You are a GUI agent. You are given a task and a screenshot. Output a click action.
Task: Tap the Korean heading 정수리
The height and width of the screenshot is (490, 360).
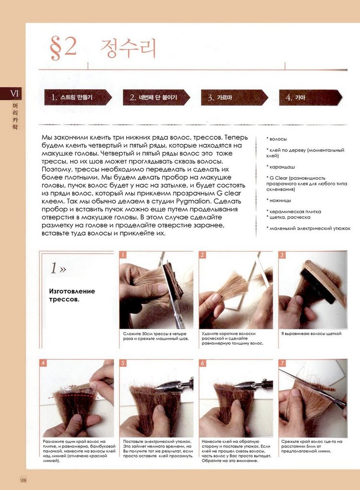(x=128, y=48)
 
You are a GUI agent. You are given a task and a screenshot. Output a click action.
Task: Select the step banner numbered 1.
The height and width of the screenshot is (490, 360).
(x=78, y=97)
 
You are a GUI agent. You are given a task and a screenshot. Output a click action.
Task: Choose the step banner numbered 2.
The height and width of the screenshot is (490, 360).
(x=156, y=97)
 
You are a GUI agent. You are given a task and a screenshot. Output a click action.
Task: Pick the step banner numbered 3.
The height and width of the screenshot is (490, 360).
(x=235, y=97)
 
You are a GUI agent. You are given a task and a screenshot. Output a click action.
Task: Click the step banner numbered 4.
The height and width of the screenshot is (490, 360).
(x=311, y=97)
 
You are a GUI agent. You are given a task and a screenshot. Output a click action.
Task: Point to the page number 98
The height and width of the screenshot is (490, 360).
(x=24, y=480)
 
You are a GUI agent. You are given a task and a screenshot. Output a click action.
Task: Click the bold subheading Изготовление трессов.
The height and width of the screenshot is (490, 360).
(x=72, y=295)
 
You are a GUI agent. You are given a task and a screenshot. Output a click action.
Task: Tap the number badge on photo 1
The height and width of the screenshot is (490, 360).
(x=123, y=255)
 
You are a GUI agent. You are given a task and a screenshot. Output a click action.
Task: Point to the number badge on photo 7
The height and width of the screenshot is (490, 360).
(x=282, y=363)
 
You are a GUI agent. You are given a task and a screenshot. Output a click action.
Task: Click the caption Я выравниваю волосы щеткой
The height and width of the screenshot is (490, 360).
(x=312, y=334)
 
